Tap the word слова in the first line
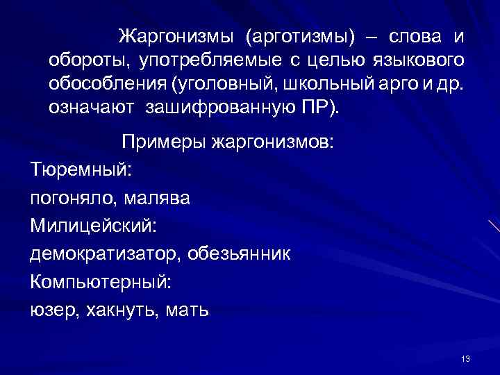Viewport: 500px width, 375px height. point(414,36)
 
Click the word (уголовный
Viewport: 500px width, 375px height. point(216,85)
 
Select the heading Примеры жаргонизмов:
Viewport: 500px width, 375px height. point(228,143)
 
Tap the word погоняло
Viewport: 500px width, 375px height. point(72,199)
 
